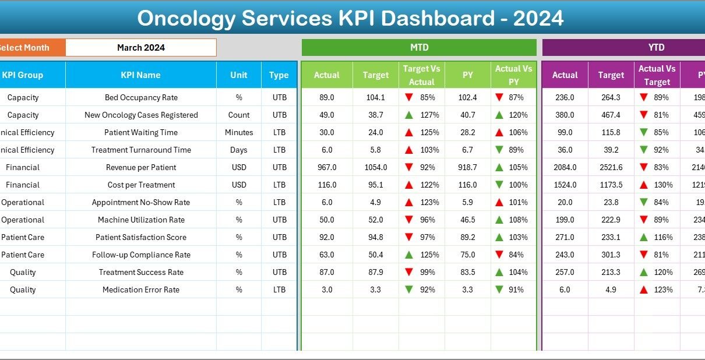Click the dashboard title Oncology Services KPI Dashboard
(350, 19)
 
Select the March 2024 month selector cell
(141, 48)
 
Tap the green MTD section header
(419, 48)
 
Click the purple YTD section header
(656, 48)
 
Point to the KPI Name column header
(140, 75)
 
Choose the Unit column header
(238, 75)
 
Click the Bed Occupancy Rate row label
(141, 97)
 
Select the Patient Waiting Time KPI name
(141, 132)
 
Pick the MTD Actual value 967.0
(327, 167)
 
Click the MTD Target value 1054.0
(376, 167)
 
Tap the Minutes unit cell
(239, 132)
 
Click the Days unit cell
(239, 150)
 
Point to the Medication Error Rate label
(141, 290)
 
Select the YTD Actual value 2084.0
(565, 167)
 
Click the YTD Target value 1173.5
(611, 185)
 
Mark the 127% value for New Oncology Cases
(430, 115)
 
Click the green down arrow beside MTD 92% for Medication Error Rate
(409, 290)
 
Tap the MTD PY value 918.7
(467, 167)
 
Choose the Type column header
(279, 75)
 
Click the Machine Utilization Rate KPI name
(141, 220)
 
